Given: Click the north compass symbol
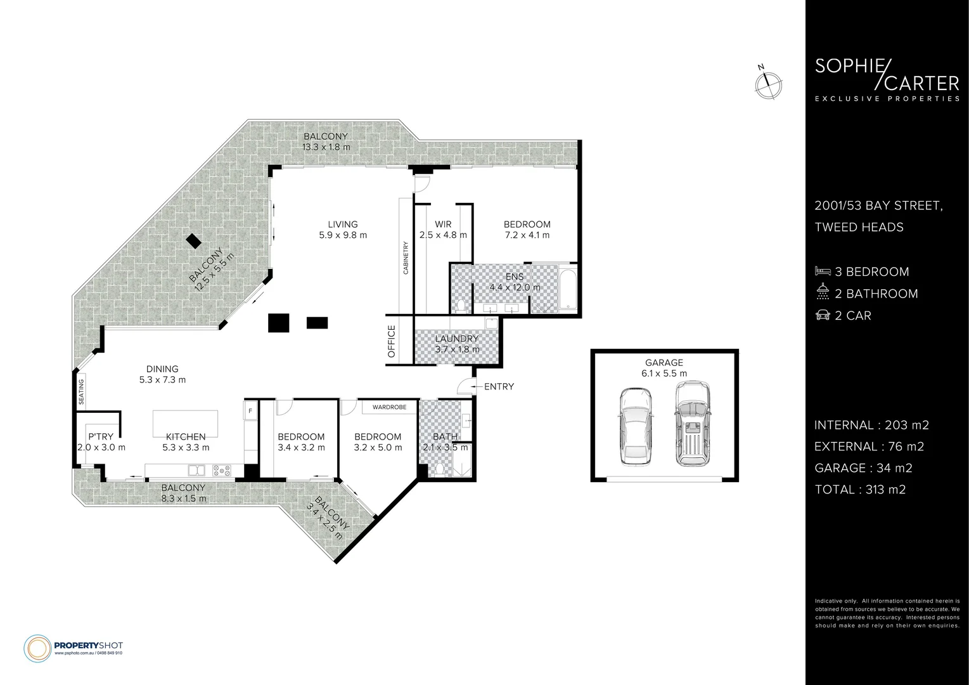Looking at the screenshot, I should point(768,84).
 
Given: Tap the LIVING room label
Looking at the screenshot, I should point(342,224).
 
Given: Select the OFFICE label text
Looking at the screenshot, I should point(392,341).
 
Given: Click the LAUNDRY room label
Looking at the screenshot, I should point(456,339).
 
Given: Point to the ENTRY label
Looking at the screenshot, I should point(499,386).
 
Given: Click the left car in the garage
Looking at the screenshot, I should point(634,426).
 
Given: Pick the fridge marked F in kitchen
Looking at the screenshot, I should point(250,410).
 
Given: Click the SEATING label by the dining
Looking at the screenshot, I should point(81,391).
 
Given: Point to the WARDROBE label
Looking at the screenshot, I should point(389,407).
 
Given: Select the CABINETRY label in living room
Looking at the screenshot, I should point(406,258).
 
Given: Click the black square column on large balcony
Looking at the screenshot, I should point(194,241).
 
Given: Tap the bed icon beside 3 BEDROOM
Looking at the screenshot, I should point(822,271).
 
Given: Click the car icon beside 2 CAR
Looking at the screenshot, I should point(822,315).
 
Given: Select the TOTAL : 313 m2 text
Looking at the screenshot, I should point(859,489).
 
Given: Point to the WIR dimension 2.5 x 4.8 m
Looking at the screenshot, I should point(443,235).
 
